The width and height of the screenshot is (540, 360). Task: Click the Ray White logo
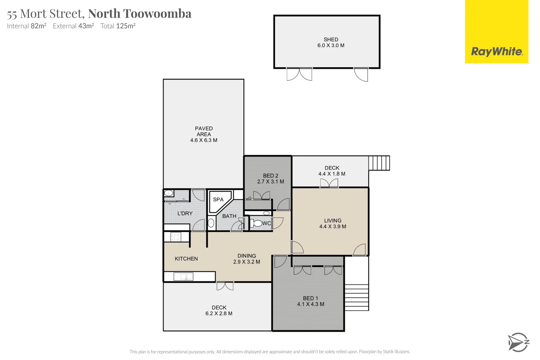coord(497,52)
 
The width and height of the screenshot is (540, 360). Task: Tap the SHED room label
coord(331,39)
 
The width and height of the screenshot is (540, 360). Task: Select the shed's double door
coord(299,74)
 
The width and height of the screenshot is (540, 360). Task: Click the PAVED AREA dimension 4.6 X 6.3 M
coord(204,140)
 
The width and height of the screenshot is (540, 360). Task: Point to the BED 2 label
coord(270,176)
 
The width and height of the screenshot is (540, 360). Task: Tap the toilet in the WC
coord(257,223)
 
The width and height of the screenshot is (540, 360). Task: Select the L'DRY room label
coord(185,213)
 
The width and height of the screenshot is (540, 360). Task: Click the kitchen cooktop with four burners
coord(176,237)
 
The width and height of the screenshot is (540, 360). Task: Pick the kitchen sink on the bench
coord(183,276)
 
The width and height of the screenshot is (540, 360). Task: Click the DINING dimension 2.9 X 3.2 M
coord(247,262)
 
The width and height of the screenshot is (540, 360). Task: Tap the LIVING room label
coord(333,221)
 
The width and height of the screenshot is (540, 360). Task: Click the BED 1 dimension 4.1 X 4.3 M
coord(311,304)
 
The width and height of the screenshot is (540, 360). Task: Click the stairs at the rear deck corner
coord(379,163)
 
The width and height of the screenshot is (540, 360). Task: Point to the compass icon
coord(518,342)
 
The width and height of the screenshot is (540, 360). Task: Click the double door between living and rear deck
coord(329,183)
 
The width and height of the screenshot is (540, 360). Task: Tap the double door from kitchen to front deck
coord(225,286)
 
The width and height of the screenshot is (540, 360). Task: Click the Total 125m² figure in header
coord(118,26)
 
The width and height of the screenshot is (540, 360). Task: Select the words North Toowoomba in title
coord(140,14)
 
